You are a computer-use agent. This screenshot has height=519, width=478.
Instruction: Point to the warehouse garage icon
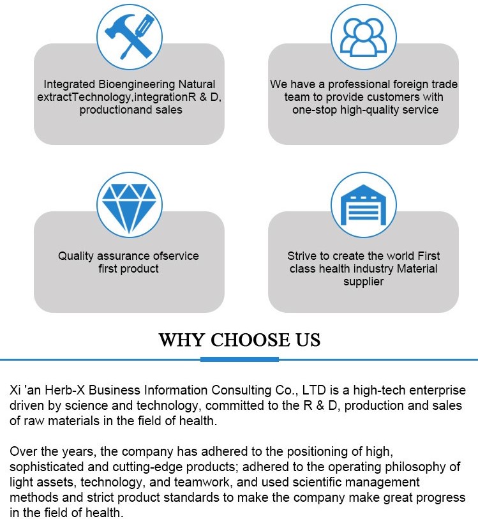point(363,205)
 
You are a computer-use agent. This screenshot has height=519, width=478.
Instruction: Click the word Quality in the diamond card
point(76,256)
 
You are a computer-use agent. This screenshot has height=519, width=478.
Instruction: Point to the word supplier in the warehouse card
point(363,282)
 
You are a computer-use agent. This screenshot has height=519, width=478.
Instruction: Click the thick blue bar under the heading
point(239,359)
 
